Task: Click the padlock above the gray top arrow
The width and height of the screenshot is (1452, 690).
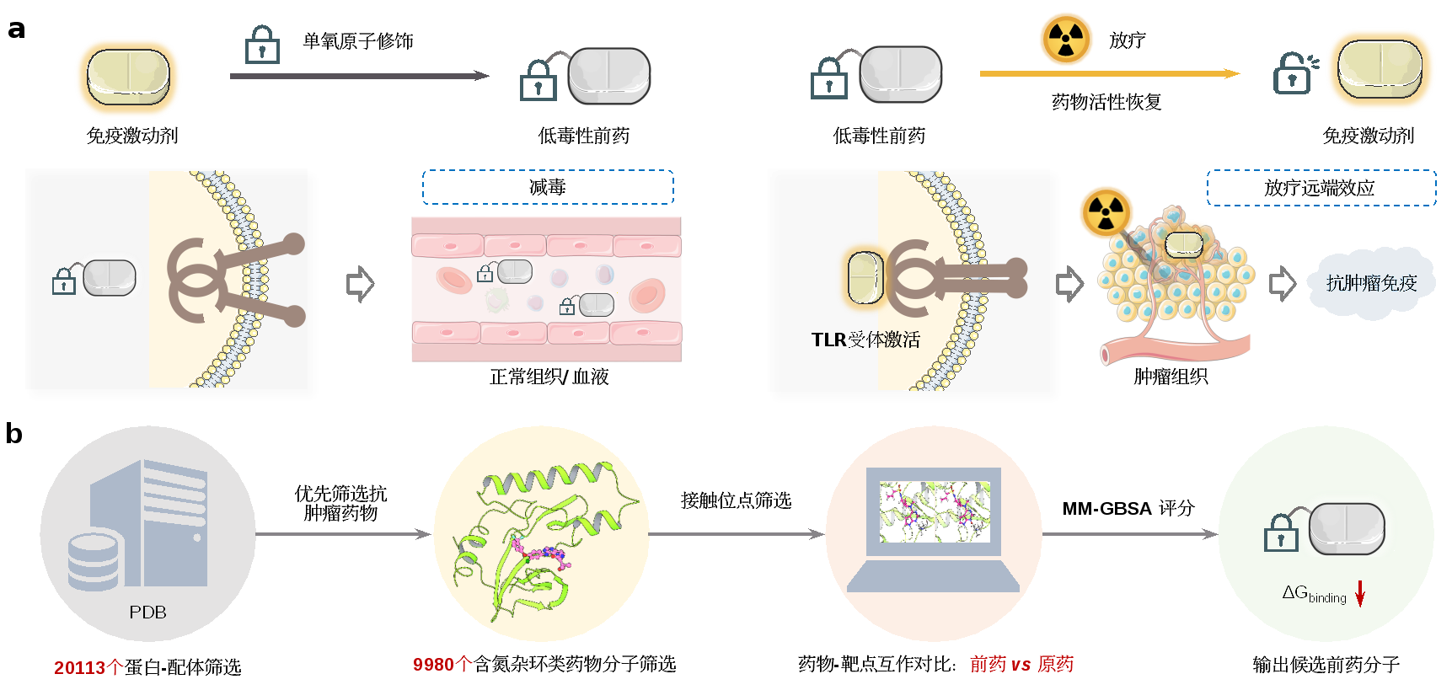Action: coord(262,46)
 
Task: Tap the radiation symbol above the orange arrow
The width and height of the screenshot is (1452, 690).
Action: coord(1066,39)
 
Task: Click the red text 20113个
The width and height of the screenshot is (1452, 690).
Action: coord(88,667)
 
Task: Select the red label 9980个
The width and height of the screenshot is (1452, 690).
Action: coord(442,664)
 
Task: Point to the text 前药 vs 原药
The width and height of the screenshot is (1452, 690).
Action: coord(1021,664)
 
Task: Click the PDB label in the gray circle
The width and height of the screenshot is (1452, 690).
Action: coord(147,612)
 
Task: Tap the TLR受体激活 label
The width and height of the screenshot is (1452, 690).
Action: coord(865,340)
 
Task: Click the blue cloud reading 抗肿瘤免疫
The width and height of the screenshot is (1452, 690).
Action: coord(1371,283)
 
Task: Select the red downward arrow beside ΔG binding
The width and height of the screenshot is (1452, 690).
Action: coord(1359,593)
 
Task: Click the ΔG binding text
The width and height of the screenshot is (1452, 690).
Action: coord(1314,594)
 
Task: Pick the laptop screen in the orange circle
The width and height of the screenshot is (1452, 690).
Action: coord(934,511)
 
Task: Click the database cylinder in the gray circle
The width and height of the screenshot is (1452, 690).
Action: coord(93,560)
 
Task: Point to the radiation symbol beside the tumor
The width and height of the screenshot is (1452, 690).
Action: coord(1106,212)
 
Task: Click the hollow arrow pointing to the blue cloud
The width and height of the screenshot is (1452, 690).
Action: coord(1282,283)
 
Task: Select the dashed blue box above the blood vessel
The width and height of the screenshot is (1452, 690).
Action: coord(548,187)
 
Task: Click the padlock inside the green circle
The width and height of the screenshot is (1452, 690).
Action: coord(1281,533)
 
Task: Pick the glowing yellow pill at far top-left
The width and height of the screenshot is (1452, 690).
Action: coord(128,78)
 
